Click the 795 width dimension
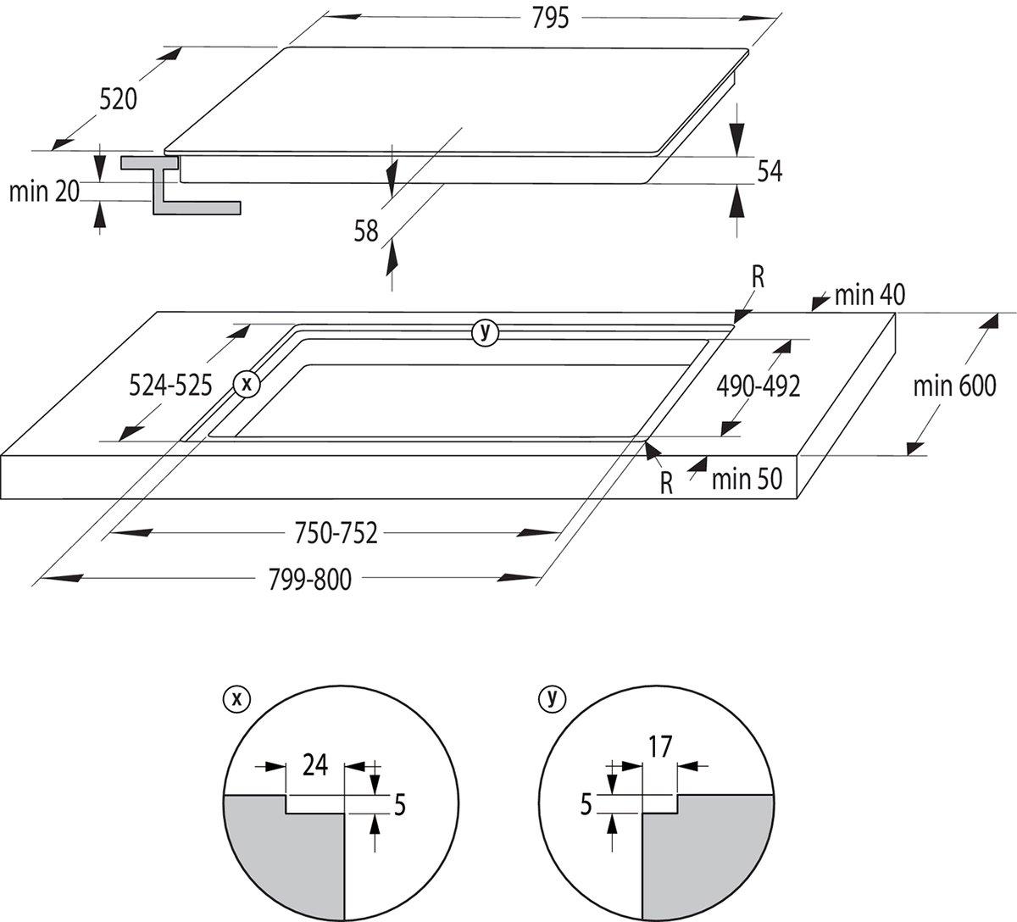click(x=551, y=18)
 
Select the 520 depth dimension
click(x=118, y=99)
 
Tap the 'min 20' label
click(x=43, y=192)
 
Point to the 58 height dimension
click(x=366, y=230)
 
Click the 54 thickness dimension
click(x=769, y=171)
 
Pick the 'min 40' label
click(x=870, y=295)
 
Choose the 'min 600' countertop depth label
click(x=953, y=386)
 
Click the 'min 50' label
click(x=747, y=479)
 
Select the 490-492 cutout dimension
click(x=758, y=386)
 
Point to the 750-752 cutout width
click(x=336, y=533)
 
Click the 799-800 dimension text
click(x=309, y=580)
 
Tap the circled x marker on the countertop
click(x=247, y=384)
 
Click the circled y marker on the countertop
click(x=485, y=332)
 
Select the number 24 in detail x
click(x=314, y=765)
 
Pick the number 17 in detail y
click(x=659, y=747)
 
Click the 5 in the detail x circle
click(x=400, y=804)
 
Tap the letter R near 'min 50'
click(x=667, y=483)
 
